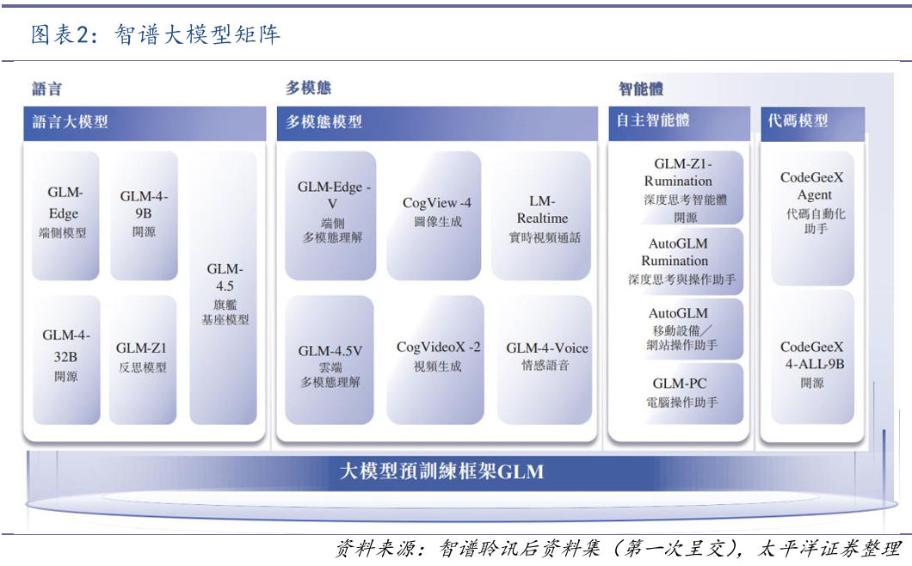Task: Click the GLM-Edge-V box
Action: [331, 215]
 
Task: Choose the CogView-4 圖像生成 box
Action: [437, 215]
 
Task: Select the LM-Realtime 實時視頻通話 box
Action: [542, 215]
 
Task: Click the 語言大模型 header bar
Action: [145, 122]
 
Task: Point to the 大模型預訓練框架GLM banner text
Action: [441, 472]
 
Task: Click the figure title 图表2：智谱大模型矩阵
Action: [156, 35]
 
